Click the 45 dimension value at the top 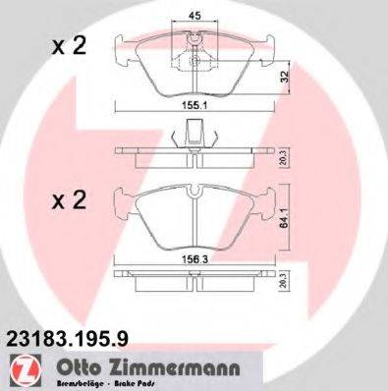[x=194, y=16]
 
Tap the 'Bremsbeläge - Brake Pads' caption [x=88, y=382]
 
